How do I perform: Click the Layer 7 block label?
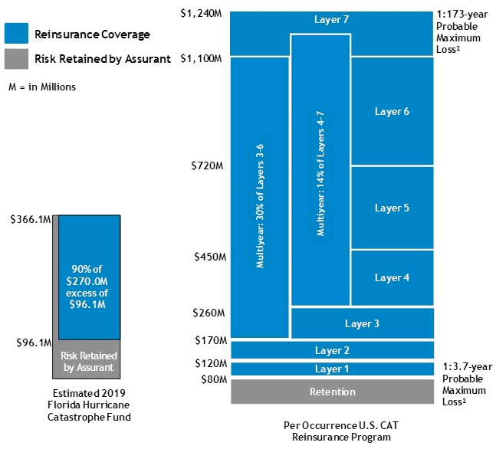pos(332,19)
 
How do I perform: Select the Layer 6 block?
pos(392,112)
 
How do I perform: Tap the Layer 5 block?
pos(392,208)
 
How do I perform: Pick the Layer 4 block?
pos(392,277)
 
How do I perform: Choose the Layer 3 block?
pos(362,323)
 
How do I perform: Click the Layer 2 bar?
pos(332,350)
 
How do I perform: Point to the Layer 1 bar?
pos(332,369)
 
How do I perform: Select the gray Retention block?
pos(332,392)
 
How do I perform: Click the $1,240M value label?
pos(202,13)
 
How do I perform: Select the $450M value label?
pos(207,257)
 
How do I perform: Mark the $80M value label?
pos(210,379)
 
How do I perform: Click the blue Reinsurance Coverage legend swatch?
pos(16,34)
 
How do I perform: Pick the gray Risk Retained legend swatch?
pos(16,59)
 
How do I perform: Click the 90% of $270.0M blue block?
pos(89,277)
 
